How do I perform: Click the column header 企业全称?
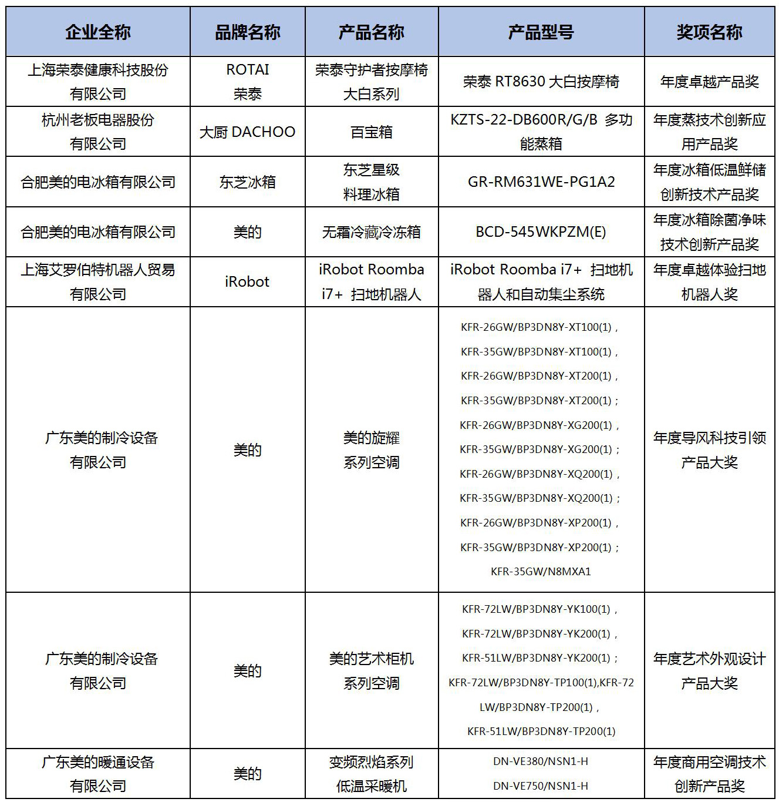pos(98,32)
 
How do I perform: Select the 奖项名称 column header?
pos(709,32)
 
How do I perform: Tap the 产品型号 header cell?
pos(541,32)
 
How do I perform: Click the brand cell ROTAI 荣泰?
pos(247,82)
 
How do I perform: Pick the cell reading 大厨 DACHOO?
pos(247,132)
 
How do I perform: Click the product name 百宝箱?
pos(371,132)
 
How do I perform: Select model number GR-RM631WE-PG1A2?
pos(541,182)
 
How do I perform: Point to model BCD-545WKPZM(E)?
pos(541,232)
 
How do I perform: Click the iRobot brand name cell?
pos(247,282)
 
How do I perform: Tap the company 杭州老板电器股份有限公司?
pos(98,132)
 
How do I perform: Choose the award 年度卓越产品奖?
pos(709,82)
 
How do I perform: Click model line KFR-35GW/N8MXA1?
pos(541,571)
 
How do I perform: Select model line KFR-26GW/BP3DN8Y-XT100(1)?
pos(539,327)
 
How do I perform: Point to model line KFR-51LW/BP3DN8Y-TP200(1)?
pos(541,731)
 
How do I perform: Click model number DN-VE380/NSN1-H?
pos(541,761)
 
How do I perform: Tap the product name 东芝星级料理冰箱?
pos(371,182)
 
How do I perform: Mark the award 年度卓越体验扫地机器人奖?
pos(709,282)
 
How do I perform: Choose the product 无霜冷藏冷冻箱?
pos(371,232)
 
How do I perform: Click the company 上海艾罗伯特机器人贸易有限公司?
pos(98,282)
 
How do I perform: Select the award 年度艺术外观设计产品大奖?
pos(709,671)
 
